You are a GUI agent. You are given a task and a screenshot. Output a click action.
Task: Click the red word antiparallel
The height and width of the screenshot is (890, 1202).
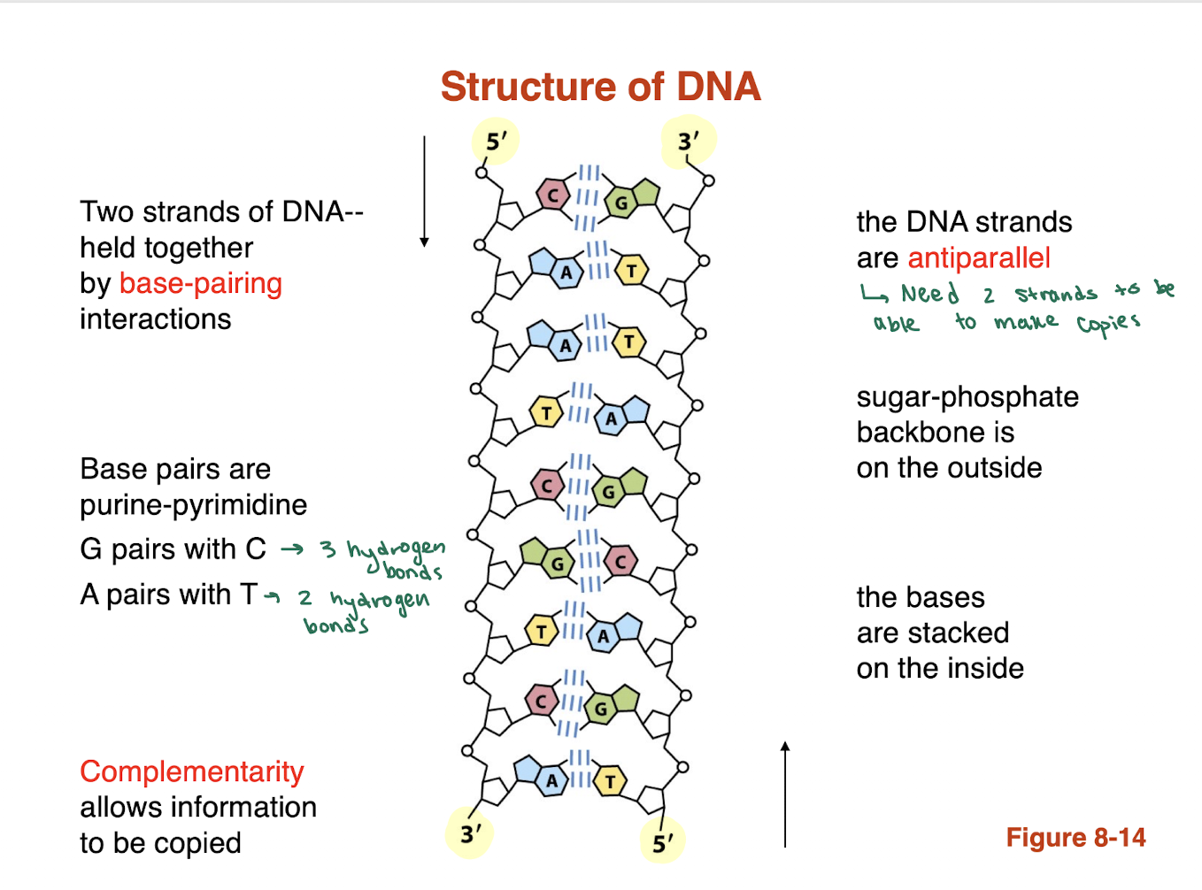coord(979,258)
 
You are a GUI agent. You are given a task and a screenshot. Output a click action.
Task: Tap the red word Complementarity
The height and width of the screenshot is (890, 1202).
coord(191,771)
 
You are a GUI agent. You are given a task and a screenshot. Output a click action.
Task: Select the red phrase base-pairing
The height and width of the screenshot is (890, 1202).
coord(200,283)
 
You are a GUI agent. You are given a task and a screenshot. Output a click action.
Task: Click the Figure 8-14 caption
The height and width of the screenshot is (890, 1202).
coord(1075,838)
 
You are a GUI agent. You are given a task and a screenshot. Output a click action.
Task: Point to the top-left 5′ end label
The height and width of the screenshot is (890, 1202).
coord(497,141)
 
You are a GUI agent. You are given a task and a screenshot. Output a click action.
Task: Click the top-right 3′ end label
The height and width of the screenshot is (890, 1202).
coord(688,141)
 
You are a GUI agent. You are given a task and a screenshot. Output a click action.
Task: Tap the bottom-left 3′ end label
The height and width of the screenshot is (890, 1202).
coord(471,833)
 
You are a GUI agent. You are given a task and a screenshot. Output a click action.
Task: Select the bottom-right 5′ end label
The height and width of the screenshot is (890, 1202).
coord(663,843)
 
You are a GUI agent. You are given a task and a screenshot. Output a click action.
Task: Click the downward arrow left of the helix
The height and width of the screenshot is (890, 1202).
coord(424,190)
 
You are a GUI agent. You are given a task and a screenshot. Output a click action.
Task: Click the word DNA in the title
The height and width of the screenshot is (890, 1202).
coord(718,87)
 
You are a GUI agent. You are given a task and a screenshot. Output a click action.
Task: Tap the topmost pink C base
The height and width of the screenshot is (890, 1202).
coord(553,196)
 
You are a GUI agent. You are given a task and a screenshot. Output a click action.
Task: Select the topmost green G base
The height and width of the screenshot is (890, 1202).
coord(621,203)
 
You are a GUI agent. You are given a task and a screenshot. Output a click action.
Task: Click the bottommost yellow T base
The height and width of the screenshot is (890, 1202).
coord(610,781)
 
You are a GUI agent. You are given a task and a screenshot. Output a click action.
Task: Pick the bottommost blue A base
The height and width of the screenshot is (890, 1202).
coord(551,780)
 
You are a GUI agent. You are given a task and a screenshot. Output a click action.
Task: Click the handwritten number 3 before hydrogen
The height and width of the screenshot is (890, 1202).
coord(327,550)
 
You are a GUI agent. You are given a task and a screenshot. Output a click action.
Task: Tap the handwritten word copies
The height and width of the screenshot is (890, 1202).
coord(1108,323)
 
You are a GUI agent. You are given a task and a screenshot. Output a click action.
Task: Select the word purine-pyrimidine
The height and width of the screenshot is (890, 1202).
coord(193,505)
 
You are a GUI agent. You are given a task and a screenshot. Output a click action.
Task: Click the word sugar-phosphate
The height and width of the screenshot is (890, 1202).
coord(967,397)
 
